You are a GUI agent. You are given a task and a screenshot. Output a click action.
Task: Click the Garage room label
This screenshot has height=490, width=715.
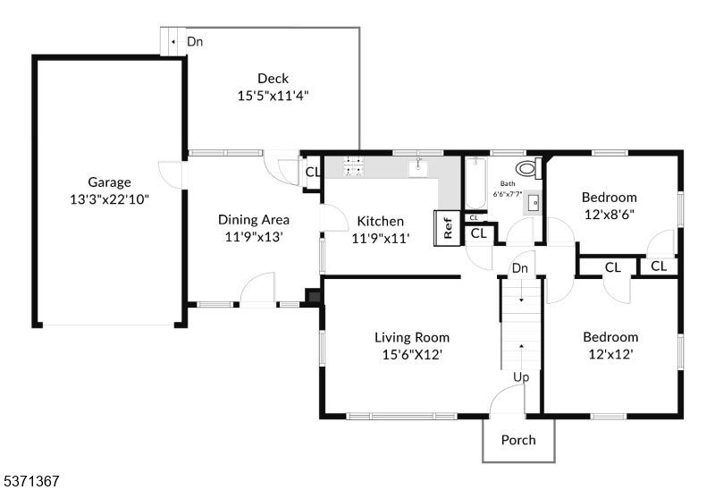109,182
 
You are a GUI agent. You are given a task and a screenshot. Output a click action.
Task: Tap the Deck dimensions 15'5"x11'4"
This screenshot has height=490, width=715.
273,96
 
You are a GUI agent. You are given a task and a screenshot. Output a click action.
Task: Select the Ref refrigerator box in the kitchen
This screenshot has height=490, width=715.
446,228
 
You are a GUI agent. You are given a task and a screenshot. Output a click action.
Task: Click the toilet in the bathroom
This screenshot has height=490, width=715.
527,168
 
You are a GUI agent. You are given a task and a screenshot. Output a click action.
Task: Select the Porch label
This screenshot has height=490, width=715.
518,440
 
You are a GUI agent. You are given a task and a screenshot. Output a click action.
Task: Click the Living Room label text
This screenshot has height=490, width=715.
411,337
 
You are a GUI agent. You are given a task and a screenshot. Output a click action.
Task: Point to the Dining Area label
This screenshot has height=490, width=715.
254,219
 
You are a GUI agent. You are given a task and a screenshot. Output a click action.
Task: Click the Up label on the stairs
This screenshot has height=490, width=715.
521,377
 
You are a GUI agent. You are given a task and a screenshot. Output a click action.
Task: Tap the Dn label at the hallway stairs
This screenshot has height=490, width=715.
520,268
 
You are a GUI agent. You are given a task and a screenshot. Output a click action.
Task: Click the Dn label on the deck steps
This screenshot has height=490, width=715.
194,41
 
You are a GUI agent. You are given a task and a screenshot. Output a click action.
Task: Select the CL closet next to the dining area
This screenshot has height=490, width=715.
313,173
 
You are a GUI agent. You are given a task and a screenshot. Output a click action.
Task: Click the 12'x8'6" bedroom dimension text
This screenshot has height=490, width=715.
609,215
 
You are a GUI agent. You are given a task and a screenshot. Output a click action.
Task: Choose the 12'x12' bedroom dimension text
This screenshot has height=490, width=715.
610,354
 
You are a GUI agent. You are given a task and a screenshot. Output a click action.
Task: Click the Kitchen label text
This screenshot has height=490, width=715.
381,221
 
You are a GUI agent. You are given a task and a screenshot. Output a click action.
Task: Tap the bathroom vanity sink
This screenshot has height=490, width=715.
534,203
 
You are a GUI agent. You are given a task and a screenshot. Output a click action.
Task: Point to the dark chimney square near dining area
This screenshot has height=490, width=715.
313,296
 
